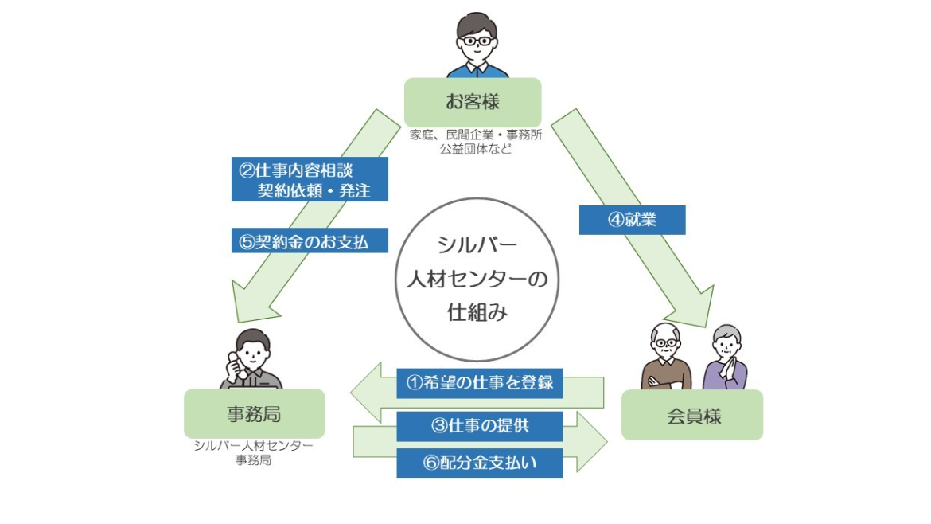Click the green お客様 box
[x=473, y=102]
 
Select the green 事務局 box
[x=254, y=413]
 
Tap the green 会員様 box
[x=691, y=415]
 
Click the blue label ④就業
[x=632, y=220]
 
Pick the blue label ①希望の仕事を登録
[x=479, y=382]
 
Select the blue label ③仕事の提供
[x=479, y=425]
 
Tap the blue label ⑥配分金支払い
[x=479, y=463]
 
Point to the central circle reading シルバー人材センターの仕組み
[x=477, y=279]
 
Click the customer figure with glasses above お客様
[x=476, y=45]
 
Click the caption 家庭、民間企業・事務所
[x=476, y=135]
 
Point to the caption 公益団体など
[x=476, y=148]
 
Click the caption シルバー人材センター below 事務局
[x=253, y=446]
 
